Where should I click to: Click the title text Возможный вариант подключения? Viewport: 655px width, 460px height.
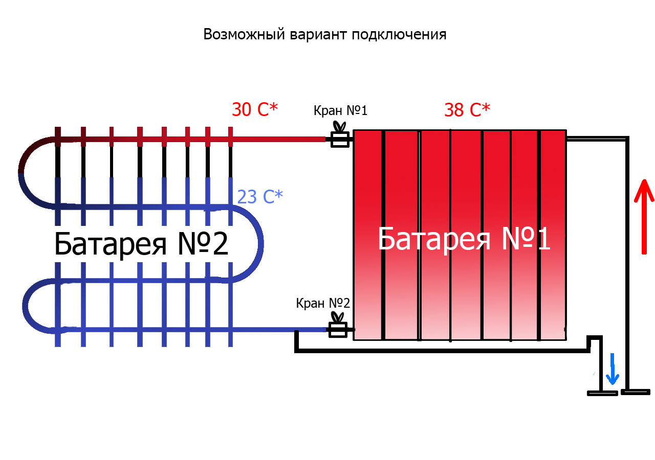pyautogui.click(x=325, y=34)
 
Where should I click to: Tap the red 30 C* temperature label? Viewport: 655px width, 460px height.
pyautogui.click(x=254, y=109)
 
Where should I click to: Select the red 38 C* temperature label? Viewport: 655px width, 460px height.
pyautogui.click(x=467, y=109)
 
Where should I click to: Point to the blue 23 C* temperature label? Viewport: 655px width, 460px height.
pyautogui.click(x=260, y=197)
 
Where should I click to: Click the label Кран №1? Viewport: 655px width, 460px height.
pyautogui.click(x=340, y=110)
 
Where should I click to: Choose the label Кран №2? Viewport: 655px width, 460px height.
pyautogui.click(x=323, y=303)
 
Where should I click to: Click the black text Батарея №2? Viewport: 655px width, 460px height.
pyautogui.click(x=141, y=244)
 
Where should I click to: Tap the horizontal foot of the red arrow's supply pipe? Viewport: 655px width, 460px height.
pyautogui.click(x=635, y=392)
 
